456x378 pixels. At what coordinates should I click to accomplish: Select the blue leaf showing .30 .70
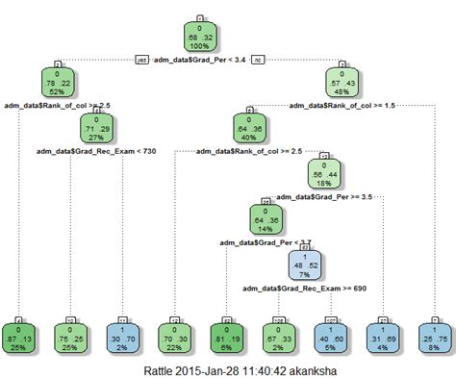pos(125,333)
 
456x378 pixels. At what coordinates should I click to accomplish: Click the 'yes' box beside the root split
pos(142,60)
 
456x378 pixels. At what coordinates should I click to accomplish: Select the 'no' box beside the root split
pos(258,60)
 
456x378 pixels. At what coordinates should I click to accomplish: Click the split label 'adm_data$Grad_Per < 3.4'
pos(200,60)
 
